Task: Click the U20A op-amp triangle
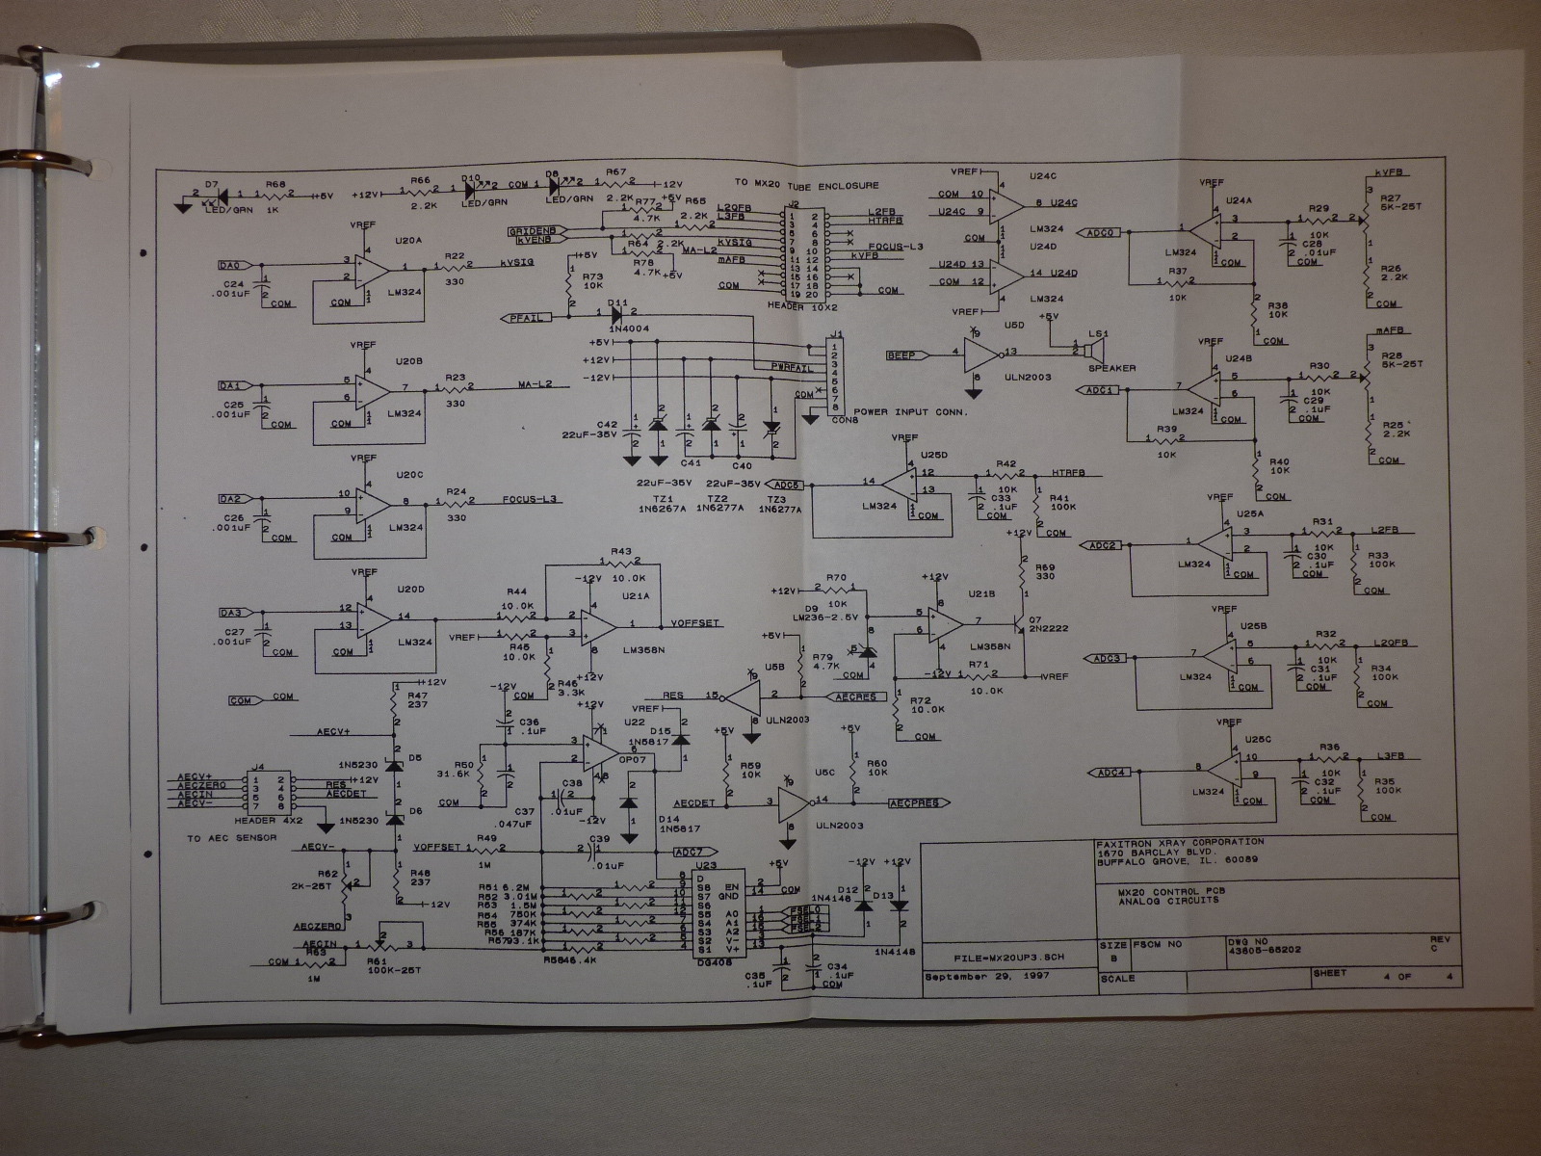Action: point(372,268)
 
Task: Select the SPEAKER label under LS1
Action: point(1112,368)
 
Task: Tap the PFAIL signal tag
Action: point(525,317)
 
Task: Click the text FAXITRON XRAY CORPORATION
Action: point(1180,842)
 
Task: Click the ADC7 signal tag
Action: point(691,852)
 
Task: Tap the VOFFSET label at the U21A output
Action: point(695,623)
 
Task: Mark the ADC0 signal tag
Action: point(1101,232)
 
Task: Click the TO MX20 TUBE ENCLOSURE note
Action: point(806,185)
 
